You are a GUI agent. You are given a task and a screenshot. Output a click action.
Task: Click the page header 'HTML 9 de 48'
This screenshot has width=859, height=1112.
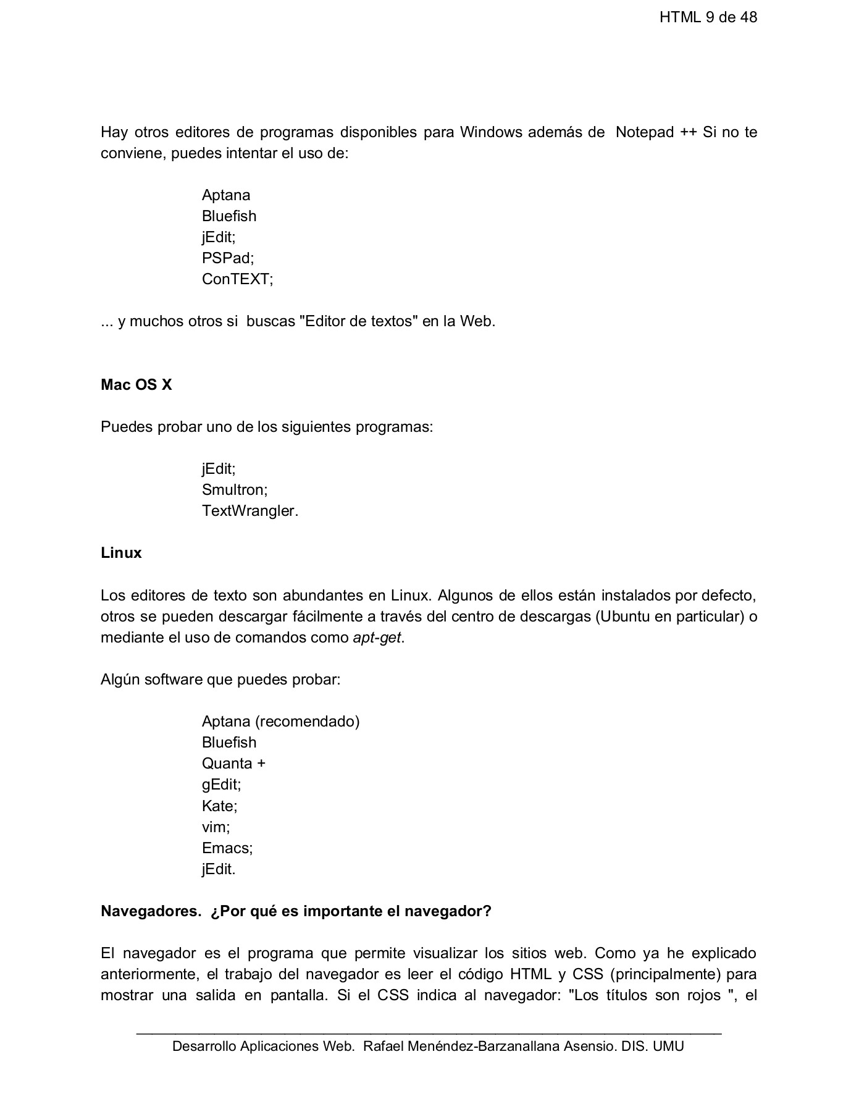pos(708,17)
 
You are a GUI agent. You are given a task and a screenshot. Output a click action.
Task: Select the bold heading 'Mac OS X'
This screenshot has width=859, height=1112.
pos(136,385)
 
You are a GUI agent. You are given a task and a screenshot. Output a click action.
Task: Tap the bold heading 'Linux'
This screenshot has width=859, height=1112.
pos(121,553)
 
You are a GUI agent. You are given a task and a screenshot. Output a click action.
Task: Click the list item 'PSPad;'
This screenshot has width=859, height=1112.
pos(227,258)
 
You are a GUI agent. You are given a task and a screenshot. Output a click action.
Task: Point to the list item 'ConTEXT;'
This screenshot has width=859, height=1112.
pos(237,279)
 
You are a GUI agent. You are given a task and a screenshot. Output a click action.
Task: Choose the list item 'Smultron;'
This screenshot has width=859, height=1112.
pos(235,490)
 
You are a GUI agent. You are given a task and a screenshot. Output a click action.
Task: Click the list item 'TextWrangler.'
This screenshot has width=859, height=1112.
pos(249,511)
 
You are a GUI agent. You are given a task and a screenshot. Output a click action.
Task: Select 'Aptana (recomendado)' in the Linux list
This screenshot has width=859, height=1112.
pos(280,722)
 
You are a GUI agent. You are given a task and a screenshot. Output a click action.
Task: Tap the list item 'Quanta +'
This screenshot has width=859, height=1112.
pos(233,764)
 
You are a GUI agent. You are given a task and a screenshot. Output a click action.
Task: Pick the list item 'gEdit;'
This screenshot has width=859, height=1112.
pos(221,785)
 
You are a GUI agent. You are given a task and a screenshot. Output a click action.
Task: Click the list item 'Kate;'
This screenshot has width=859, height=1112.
pos(219,806)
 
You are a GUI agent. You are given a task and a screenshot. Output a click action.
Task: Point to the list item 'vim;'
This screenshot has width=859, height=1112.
pos(216,827)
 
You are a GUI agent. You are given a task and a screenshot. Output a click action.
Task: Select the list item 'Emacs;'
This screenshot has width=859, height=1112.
pos(227,848)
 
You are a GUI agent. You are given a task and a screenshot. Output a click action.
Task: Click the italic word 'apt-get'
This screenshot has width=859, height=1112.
pos(377,638)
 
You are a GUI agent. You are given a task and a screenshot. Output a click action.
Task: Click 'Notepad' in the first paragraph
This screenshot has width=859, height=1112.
pos(644,132)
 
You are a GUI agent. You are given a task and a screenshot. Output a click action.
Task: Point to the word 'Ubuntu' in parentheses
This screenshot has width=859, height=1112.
pos(624,617)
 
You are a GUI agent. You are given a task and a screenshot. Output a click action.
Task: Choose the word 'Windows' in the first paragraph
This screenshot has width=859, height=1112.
pos(490,132)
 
